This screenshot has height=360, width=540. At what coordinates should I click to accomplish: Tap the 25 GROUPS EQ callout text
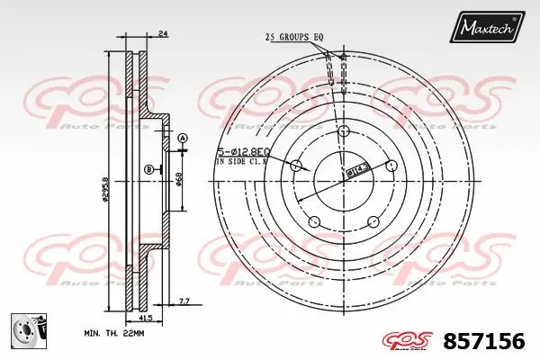point(293,37)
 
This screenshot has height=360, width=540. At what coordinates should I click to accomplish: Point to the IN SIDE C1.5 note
point(243,163)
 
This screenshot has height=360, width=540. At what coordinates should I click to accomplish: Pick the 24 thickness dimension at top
point(162,34)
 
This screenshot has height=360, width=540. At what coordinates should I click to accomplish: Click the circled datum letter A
point(181,138)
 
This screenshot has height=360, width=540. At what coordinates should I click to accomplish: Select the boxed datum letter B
point(148,169)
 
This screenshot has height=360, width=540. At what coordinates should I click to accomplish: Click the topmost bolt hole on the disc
point(344,132)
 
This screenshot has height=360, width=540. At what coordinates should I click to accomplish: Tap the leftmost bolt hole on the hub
point(296,166)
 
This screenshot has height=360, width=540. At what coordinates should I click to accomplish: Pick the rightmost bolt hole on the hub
point(391,166)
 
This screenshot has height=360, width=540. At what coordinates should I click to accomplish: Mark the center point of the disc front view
point(344,180)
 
